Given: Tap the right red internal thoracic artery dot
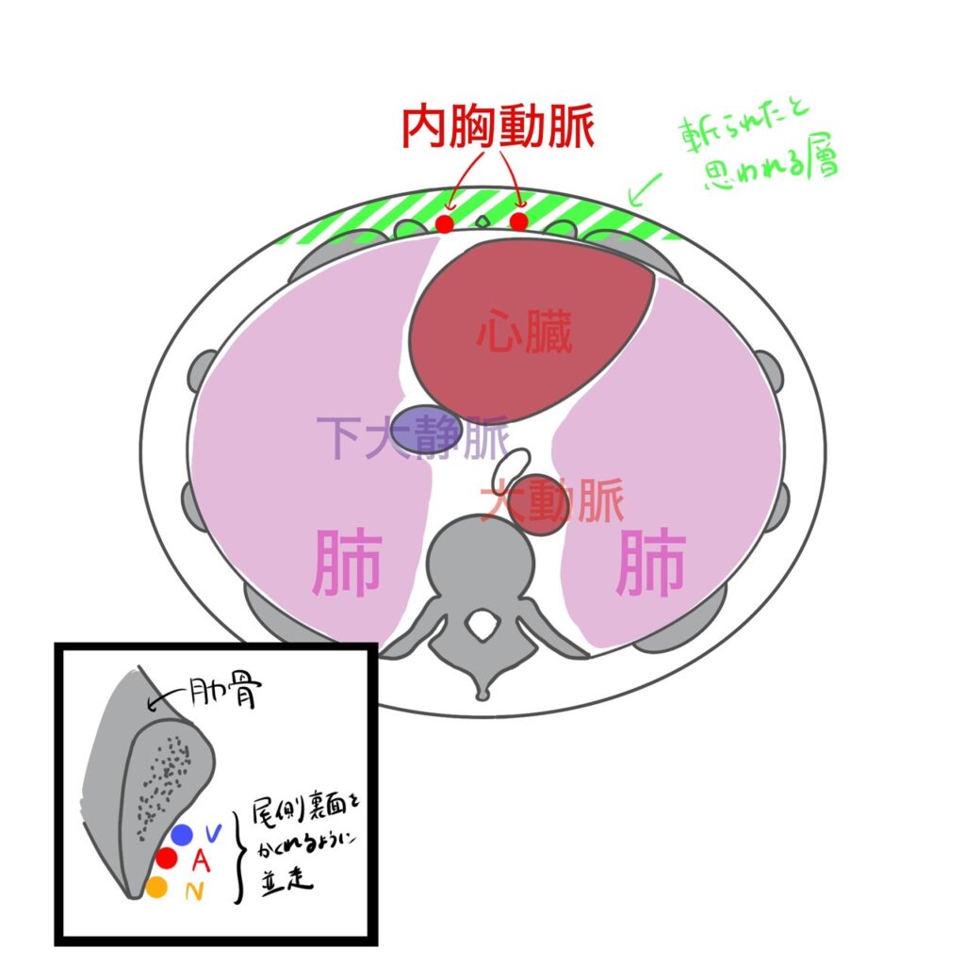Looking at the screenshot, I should [x=519, y=221].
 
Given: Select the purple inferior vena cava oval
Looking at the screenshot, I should [x=426, y=429].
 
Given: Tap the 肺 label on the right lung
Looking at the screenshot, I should [x=649, y=566].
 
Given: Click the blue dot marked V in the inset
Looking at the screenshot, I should [x=182, y=834].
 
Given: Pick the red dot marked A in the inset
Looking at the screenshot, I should [x=167, y=859].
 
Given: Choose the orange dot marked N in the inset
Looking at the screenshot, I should [x=157, y=887].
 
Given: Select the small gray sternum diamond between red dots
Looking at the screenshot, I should [x=482, y=222].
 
